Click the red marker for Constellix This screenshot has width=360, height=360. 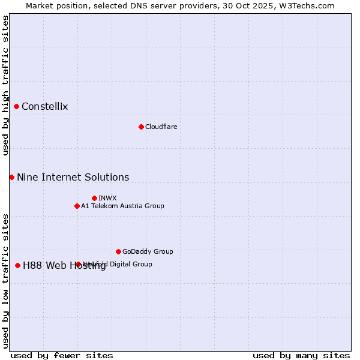tap(17, 107)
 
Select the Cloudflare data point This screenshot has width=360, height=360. tap(141, 127)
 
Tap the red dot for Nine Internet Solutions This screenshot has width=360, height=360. tap(11, 177)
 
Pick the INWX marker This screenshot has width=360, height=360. tap(94, 198)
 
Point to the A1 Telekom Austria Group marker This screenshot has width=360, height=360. tap(77, 206)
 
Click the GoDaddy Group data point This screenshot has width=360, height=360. tap(118, 251)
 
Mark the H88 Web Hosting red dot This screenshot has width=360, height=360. tap(17, 265)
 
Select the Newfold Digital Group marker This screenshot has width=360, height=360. tap(78, 264)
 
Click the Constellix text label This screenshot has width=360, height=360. tap(44, 107)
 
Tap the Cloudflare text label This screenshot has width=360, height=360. tap(161, 127)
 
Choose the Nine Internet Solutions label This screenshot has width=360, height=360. tap(73, 177)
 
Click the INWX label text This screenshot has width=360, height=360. tap(107, 198)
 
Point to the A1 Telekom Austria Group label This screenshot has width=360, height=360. tap(122, 206)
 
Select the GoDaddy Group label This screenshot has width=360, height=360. tap(148, 251)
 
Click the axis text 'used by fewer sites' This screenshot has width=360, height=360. tap(62, 355)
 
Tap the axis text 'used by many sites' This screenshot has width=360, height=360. tap(301, 355)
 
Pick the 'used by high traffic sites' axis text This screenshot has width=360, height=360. tap(5, 85)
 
